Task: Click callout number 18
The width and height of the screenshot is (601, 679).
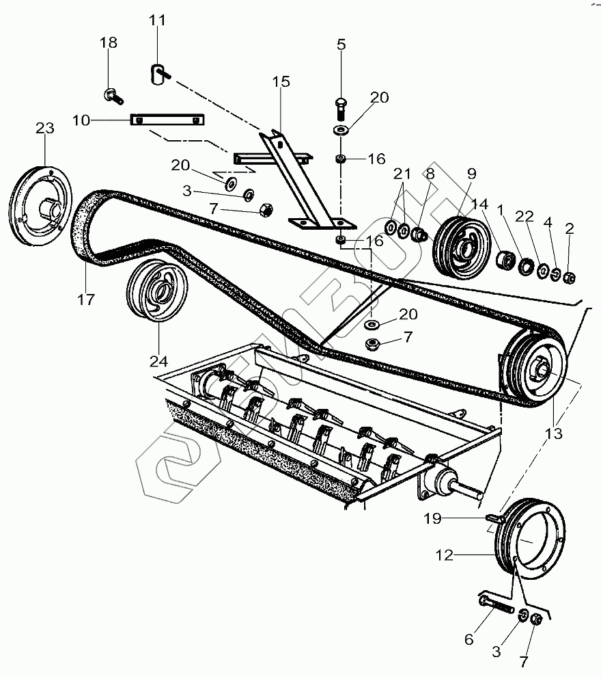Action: coord(109,42)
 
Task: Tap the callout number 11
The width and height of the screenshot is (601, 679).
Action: coord(158,20)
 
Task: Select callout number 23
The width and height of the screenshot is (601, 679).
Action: coord(44,128)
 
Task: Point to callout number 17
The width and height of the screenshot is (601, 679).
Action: coord(86,299)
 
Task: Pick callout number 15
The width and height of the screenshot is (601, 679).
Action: coord(280,81)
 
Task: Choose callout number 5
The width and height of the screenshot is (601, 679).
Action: coord(341,44)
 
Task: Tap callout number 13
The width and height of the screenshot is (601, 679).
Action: coord(553,433)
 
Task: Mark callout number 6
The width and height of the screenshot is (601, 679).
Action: coord(469,640)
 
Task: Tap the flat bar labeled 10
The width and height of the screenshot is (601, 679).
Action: coord(167,120)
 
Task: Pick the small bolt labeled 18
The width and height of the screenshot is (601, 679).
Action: coord(111,94)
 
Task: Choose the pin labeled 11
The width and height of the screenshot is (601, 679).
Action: coord(157,72)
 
